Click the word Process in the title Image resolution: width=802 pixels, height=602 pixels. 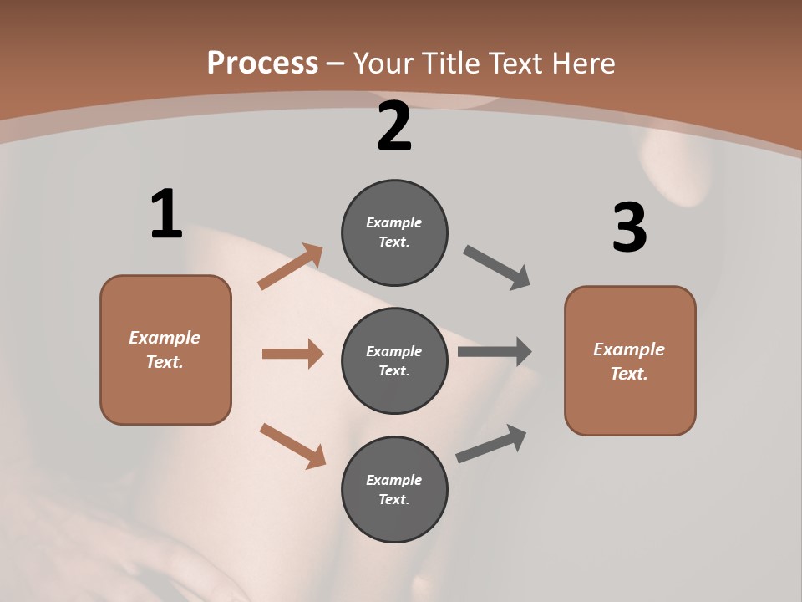click(x=262, y=64)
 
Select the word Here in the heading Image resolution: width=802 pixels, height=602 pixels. click(x=581, y=64)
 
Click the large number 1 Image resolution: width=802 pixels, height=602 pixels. click(x=165, y=215)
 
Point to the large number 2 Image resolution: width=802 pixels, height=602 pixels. click(x=394, y=126)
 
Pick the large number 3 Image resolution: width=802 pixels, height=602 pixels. click(x=629, y=227)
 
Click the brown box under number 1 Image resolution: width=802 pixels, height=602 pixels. click(x=165, y=349)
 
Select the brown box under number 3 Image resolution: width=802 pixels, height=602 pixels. click(x=630, y=361)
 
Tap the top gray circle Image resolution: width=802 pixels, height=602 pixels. click(x=394, y=232)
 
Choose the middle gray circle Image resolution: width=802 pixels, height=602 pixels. click(x=394, y=361)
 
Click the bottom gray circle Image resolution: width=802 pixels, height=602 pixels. click(x=394, y=490)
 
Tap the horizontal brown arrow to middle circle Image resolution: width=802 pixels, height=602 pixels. click(x=292, y=354)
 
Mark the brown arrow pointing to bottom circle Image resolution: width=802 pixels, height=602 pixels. click(x=292, y=446)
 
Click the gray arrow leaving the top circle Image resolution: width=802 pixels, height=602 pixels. click(x=497, y=268)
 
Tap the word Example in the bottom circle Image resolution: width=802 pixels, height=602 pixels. click(x=393, y=480)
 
